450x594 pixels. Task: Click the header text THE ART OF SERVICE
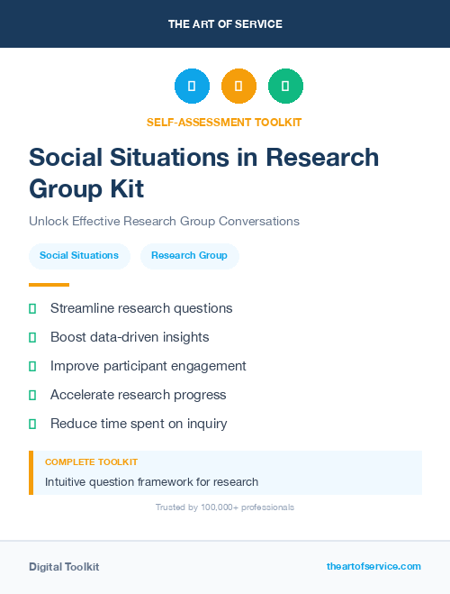(x=225, y=24)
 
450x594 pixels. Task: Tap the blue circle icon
(x=192, y=87)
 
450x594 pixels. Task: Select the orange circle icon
(x=238, y=87)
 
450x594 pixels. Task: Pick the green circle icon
(x=285, y=87)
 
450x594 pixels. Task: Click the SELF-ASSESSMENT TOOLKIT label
(x=225, y=122)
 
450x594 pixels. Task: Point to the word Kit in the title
(x=121, y=189)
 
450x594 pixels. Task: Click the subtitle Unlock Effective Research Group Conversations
(x=164, y=221)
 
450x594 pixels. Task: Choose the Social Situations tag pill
(x=79, y=255)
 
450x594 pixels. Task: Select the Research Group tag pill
(x=189, y=255)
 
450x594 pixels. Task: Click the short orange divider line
(x=49, y=285)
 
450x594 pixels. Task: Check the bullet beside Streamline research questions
(x=32, y=308)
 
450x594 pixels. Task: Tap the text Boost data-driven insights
(x=130, y=337)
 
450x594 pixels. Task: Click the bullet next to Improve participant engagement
(x=32, y=366)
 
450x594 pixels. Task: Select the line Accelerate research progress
(x=139, y=395)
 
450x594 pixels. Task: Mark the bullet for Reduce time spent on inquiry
(x=32, y=424)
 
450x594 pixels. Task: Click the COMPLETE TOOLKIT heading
(x=91, y=461)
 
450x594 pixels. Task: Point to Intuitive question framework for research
(x=151, y=481)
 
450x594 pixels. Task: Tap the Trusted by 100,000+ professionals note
(x=225, y=507)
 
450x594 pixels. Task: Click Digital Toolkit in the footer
(x=64, y=567)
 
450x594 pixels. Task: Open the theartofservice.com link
(x=373, y=566)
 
